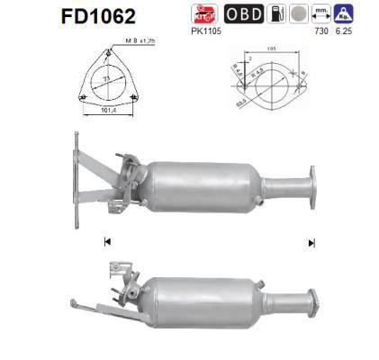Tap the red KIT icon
[x=206, y=13]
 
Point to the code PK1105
[x=207, y=31]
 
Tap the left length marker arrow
[x=107, y=242]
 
